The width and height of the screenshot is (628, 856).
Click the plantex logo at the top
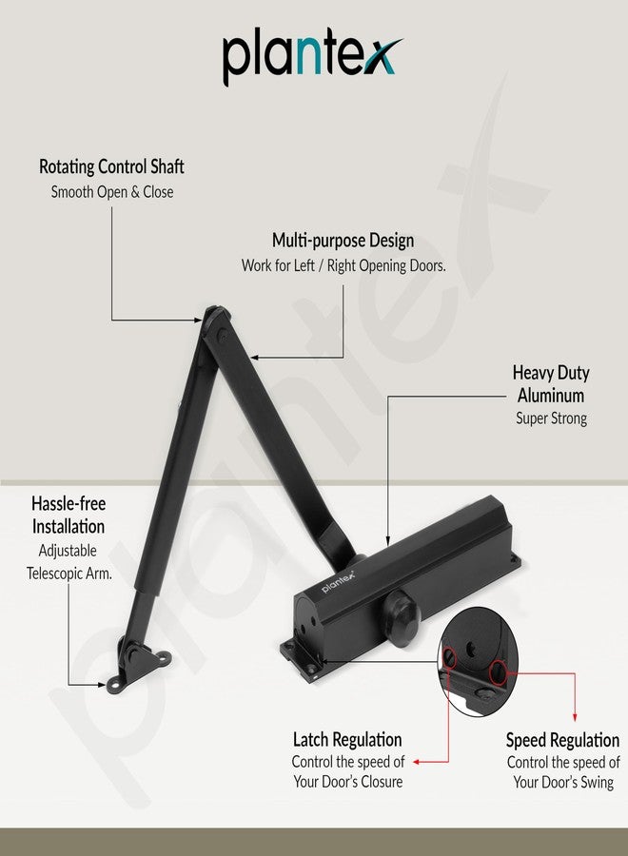(x=312, y=58)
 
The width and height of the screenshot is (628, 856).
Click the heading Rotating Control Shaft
(x=111, y=166)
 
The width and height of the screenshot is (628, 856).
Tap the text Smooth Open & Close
(x=112, y=192)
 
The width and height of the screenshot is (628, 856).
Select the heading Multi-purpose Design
(x=343, y=241)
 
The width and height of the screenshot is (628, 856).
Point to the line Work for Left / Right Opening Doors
(x=343, y=266)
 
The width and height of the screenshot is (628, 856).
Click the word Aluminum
(x=551, y=396)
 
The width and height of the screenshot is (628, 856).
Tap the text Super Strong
(x=552, y=418)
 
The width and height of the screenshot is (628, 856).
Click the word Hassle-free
(x=69, y=503)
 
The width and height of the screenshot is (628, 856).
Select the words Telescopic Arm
(x=69, y=574)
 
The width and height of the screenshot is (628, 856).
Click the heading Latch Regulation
(x=347, y=740)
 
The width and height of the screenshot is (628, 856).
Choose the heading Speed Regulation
(x=562, y=740)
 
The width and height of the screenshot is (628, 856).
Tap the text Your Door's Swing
(x=563, y=783)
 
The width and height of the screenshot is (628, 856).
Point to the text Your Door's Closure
(x=348, y=782)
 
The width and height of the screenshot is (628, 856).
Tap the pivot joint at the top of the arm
(x=217, y=322)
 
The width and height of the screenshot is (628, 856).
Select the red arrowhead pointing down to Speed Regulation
(x=575, y=717)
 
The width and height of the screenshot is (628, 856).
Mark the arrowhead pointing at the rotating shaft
(x=198, y=321)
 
